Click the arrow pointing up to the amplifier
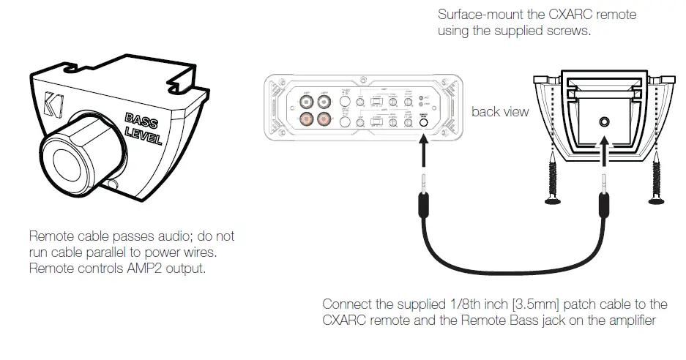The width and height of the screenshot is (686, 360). (x=423, y=149)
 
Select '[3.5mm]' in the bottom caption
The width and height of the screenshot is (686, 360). (x=490, y=304)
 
